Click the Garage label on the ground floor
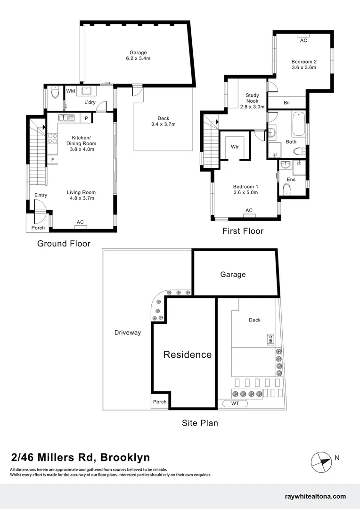tap(138, 53)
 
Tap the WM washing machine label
tap(71, 91)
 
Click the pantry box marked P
tap(86, 118)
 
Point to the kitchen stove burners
tap(52, 139)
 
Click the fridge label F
tap(53, 160)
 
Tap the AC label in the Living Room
tap(80, 222)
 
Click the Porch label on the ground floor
tap(38, 228)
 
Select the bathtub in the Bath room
tap(298, 123)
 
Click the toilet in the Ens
tap(286, 189)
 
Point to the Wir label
tap(235, 147)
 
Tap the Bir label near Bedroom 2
tap(287, 103)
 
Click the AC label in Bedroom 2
tap(303, 41)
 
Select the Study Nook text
tap(252, 98)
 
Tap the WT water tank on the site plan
tap(235, 403)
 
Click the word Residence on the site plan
tap(188, 354)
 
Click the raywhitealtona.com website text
tap(315, 496)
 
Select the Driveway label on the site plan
tap(128, 332)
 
